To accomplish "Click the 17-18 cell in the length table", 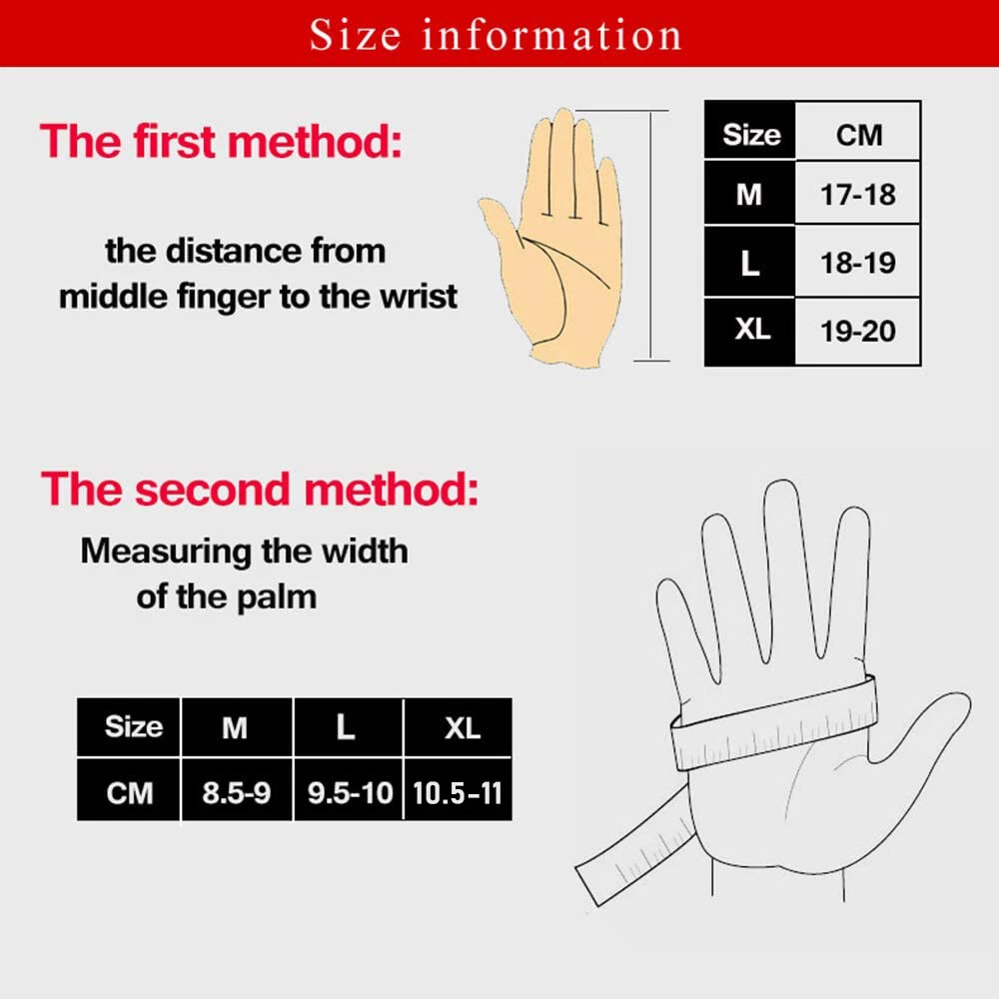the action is (x=857, y=194).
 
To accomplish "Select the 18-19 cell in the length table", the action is (x=857, y=262).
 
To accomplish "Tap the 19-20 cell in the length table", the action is (x=857, y=331).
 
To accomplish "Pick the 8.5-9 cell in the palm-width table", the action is (x=237, y=792).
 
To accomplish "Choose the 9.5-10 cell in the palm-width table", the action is (x=349, y=792).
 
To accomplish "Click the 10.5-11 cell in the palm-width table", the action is (x=458, y=792).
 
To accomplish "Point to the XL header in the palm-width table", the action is (x=463, y=727).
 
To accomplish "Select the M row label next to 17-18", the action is (x=749, y=194).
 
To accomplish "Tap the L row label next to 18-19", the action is (x=749, y=262).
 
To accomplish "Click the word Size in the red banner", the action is (x=355, y=34).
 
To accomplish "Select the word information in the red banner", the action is (x=551, y=34).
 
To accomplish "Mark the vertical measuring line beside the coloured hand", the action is (x=650, y=236).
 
